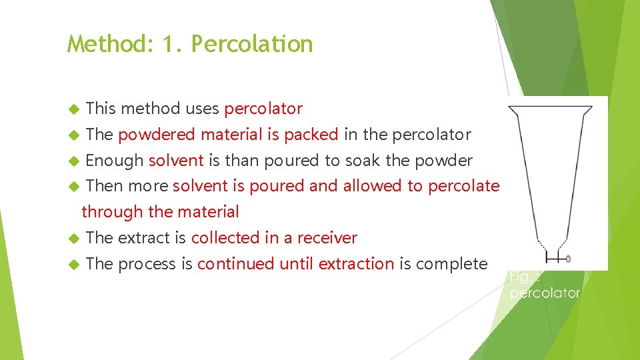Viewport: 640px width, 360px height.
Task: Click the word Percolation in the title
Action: (251, 44)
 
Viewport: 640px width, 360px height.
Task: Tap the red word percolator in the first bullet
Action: (263, 109)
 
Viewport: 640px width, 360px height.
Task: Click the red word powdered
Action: (157, 135)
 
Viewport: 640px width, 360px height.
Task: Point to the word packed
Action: (311, 135)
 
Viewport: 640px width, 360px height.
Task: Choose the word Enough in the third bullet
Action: (115, 161)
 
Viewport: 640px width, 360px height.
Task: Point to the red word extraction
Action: (356, 264)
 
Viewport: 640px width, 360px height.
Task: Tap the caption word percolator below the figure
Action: (545, 293)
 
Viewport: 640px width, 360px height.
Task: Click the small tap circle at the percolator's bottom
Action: (567, 258)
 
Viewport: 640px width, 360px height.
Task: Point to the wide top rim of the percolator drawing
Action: (550, 106)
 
